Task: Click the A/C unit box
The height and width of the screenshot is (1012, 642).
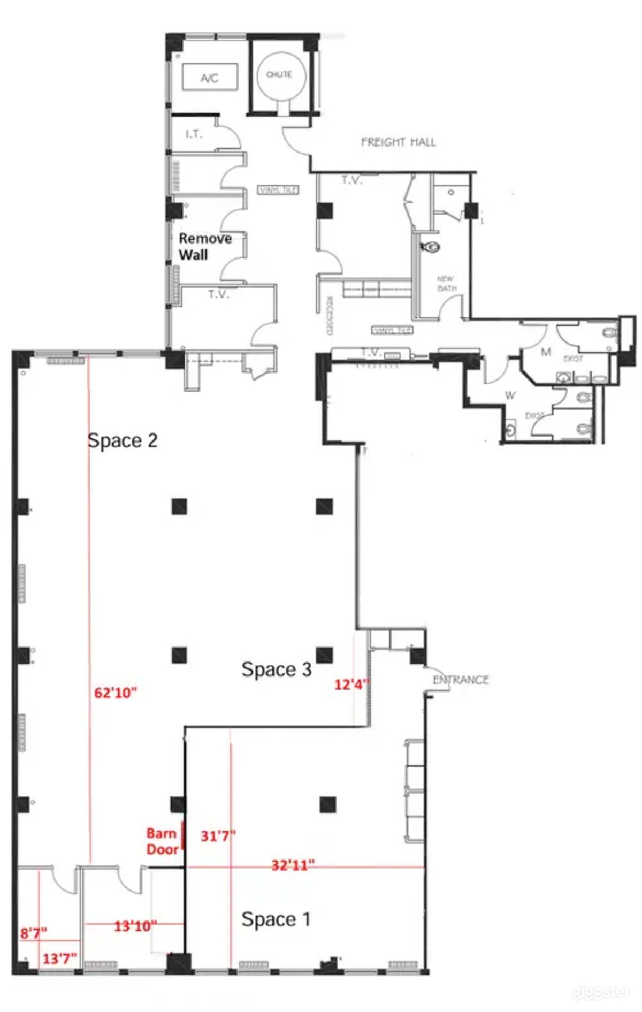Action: pos(209,78)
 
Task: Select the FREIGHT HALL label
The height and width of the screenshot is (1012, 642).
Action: pos(398,142)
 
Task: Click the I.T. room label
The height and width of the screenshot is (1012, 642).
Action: pos(194,134)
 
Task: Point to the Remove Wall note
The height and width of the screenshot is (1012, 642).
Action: pos(204,246)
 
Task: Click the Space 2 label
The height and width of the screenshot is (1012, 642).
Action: pos(123,440)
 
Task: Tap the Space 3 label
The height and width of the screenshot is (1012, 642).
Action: pos(276,669)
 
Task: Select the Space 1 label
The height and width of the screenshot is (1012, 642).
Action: pos(276,919)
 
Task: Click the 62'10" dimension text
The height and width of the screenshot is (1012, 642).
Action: pos(116,693)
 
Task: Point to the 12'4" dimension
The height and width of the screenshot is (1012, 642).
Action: pos(351,684)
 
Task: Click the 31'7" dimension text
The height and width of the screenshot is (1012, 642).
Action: pos(218,835)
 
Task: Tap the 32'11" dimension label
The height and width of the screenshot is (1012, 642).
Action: pos(293,865)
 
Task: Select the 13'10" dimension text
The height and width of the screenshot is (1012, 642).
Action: pos(135,926)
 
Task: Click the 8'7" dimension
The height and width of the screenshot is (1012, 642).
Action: pos(33,933)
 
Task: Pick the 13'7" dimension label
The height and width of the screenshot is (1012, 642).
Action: pos(59,958)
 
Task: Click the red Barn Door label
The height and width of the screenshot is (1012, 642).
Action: pos(162,841)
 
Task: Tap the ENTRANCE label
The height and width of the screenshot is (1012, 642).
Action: pos(461,680)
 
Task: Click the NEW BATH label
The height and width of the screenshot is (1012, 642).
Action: pos(446,284)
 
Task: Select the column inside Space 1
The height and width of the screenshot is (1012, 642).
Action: pos(327,804)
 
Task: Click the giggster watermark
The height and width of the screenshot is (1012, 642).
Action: pos(600,992)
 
